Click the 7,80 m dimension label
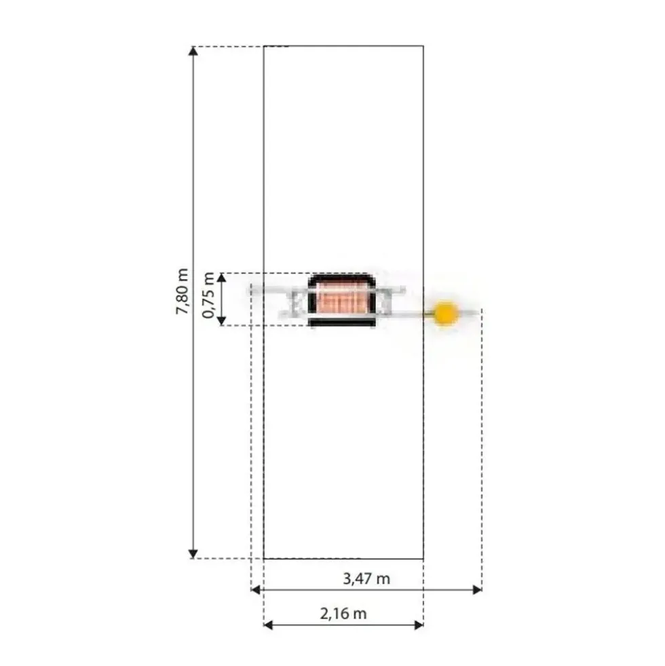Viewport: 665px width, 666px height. pyautogui.click(x=182, y=291)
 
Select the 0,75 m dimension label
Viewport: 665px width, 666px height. pyautogui.click(x=208, y=295)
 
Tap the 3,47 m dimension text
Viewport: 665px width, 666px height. pyautogui.click(x=366, y=578)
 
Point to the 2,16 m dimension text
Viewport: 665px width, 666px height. pyautogui.click(x=343, y=613)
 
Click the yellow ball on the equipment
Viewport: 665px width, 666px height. pyautogui.click(x=445, y=314)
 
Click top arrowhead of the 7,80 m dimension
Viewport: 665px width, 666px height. pyautogui.click(x=193, y=51)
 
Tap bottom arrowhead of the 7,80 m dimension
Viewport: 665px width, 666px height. pyautogui.click(x=193, y=553)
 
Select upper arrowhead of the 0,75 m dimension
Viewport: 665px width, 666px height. pyautogui.click(x=222, y=278)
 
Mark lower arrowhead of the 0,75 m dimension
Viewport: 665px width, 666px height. pyautogui.click(x=222, y=320)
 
